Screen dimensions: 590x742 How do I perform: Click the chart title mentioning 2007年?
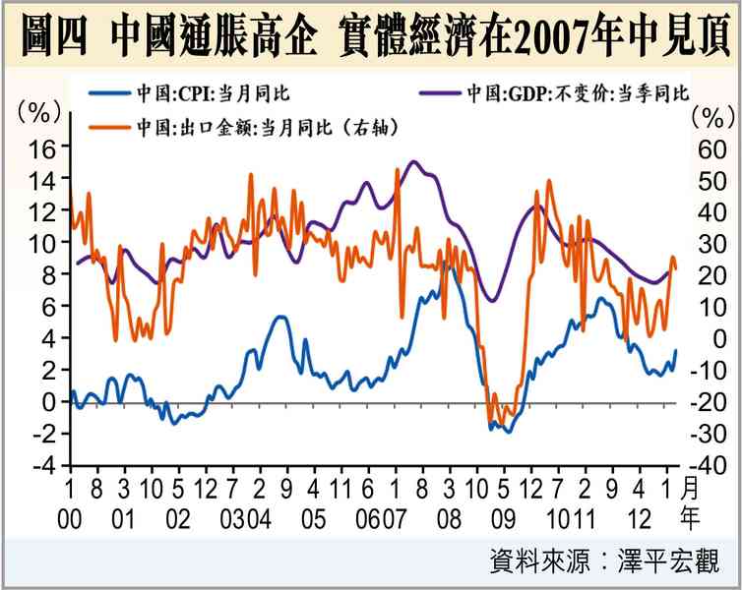click(371, 35)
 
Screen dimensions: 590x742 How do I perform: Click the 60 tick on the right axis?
click(710, 148)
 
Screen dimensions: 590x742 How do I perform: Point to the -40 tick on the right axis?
click(713, 465)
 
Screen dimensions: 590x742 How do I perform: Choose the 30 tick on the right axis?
click(710, 243)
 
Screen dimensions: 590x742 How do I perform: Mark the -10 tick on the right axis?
click(713, 371)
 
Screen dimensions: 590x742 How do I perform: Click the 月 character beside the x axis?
click(692, 489)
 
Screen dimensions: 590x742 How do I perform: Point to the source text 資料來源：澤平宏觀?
click(603, 562)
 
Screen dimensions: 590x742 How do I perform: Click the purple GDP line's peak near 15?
click(413, 161)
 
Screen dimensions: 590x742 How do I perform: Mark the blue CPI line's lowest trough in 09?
click(509, 432)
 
